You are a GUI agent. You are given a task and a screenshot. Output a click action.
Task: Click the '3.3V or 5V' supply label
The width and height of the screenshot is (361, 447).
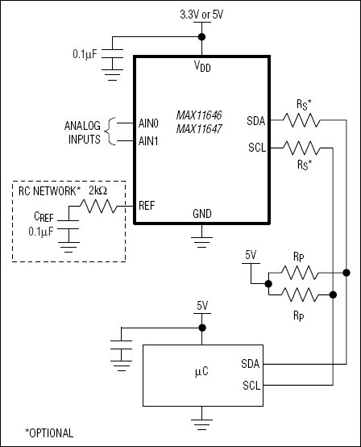(x=201, y=14)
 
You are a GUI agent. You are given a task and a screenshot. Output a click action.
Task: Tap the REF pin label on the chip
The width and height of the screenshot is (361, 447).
(x=148, y=206)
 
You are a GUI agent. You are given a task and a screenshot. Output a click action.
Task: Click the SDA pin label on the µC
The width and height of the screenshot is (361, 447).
(x=249, y=364)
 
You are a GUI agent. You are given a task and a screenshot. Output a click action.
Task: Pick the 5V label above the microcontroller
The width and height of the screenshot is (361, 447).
(x=201, y=306)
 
